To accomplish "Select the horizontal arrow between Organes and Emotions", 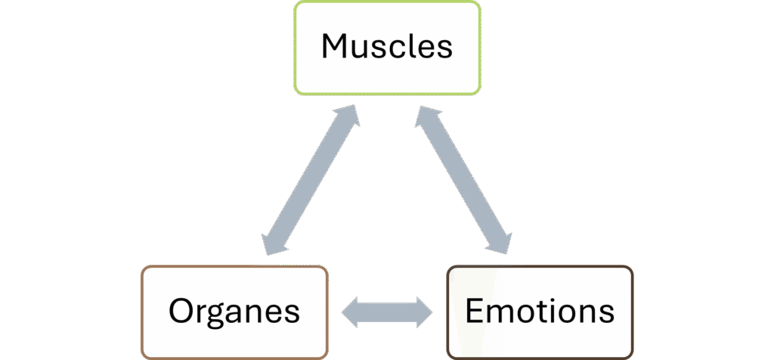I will click(386, 311).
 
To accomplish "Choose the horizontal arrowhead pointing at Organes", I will click(350, 311).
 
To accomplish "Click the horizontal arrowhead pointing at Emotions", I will click(424, 311).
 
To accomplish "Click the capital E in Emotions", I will click(475, 311).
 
